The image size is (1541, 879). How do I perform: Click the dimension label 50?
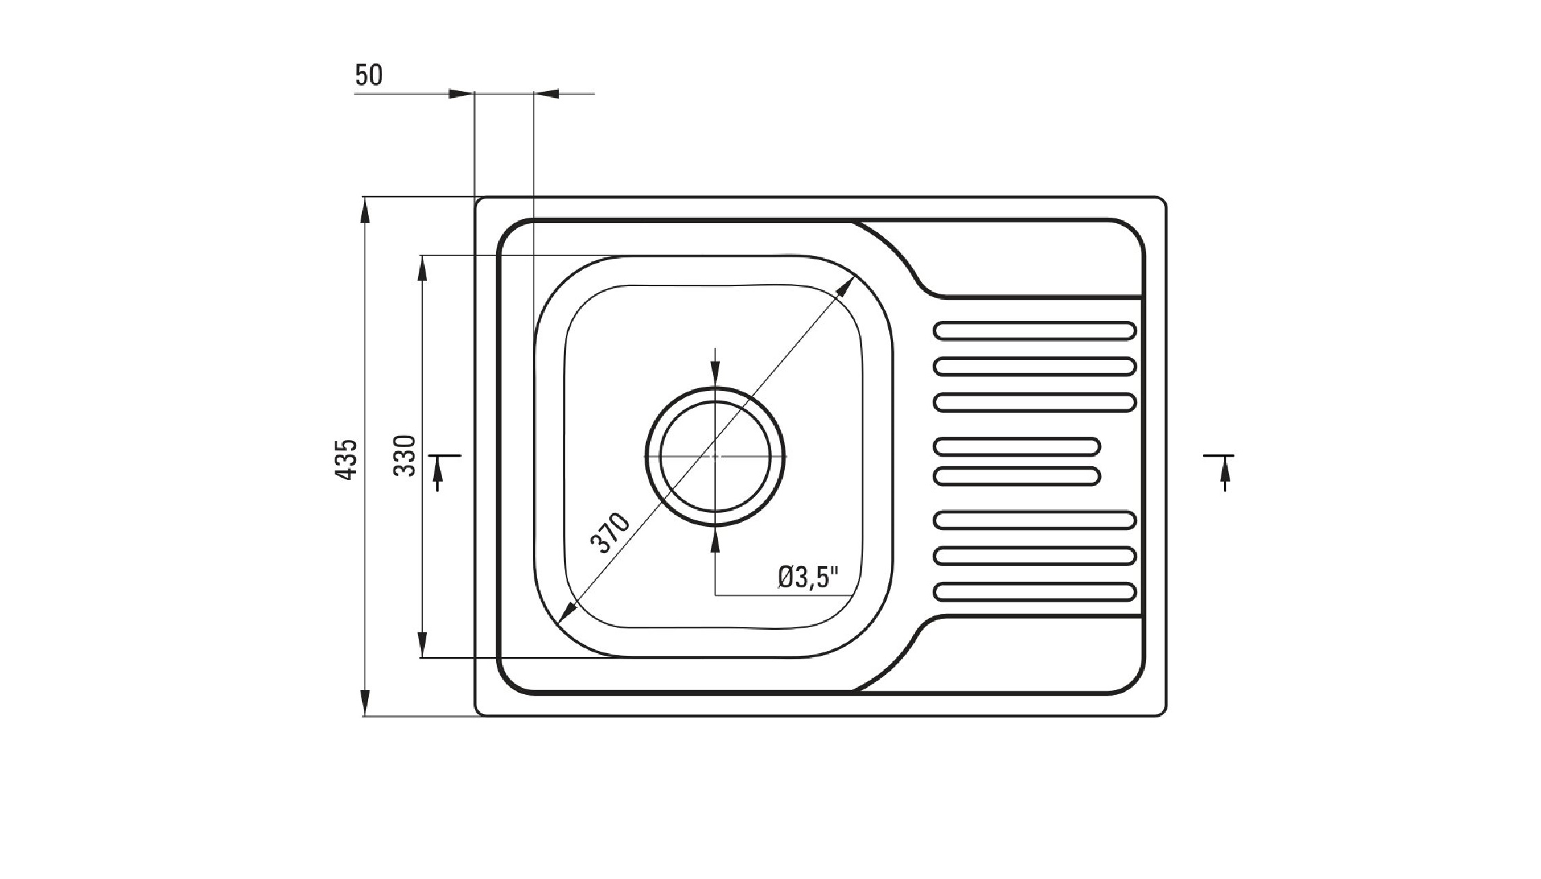point(369,75)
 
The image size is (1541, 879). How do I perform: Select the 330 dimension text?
point(405,455)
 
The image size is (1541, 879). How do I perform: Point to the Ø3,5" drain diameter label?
point(808,577)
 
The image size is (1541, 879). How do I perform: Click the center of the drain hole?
point(715,456)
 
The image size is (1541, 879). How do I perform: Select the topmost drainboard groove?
point(1035,331)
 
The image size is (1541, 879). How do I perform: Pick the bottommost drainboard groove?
point(1035,591)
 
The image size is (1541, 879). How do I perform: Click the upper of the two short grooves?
point(1017,446)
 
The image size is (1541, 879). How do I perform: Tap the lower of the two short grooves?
point(1017,475)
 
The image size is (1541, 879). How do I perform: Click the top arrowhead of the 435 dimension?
point(365,209)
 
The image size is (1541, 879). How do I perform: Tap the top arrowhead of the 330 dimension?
point(422,268)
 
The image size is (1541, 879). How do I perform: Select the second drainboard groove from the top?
point(1035,366)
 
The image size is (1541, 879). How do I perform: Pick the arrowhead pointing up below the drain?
point(715,540)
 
